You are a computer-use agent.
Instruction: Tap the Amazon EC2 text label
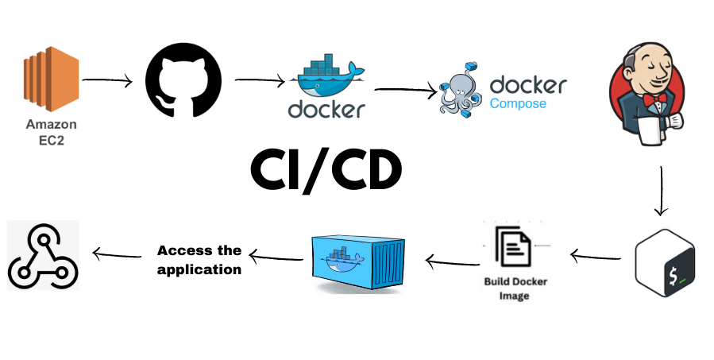click(51, 132)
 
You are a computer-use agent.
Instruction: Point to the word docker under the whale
click(326, 108)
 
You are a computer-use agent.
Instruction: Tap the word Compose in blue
click(518, 103)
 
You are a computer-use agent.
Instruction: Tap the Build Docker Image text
click(515, 288)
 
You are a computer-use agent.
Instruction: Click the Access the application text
click(199, 260)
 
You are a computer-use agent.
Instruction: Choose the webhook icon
click(44, 256)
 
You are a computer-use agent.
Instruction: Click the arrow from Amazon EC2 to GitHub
click(107, 80)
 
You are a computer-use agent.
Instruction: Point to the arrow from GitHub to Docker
click(260, 80)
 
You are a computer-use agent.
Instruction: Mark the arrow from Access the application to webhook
click(118, 254)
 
